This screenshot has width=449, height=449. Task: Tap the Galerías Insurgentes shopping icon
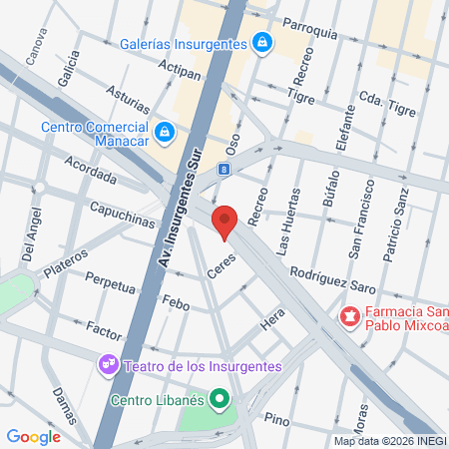(x=261, y=43)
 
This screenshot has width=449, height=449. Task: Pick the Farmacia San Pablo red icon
(x=349, y=316)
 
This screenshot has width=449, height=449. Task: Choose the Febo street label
(x=175, y=300)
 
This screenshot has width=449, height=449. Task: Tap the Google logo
(x=34, y=436)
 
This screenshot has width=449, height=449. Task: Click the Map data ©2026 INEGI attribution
(x=390, y=441)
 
